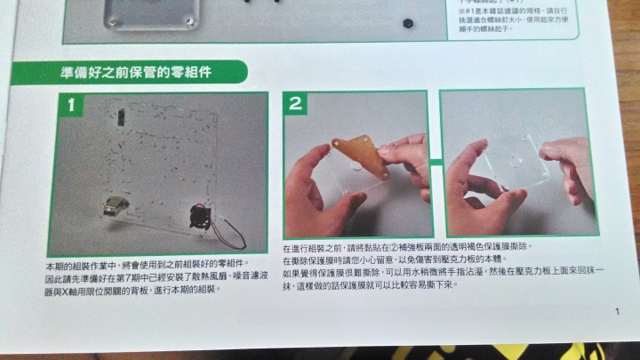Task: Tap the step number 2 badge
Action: pos(296,103)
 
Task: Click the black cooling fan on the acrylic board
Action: pos(200,216)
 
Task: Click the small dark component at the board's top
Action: pos(120,113)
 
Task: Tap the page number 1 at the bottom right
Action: pos(616,311)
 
